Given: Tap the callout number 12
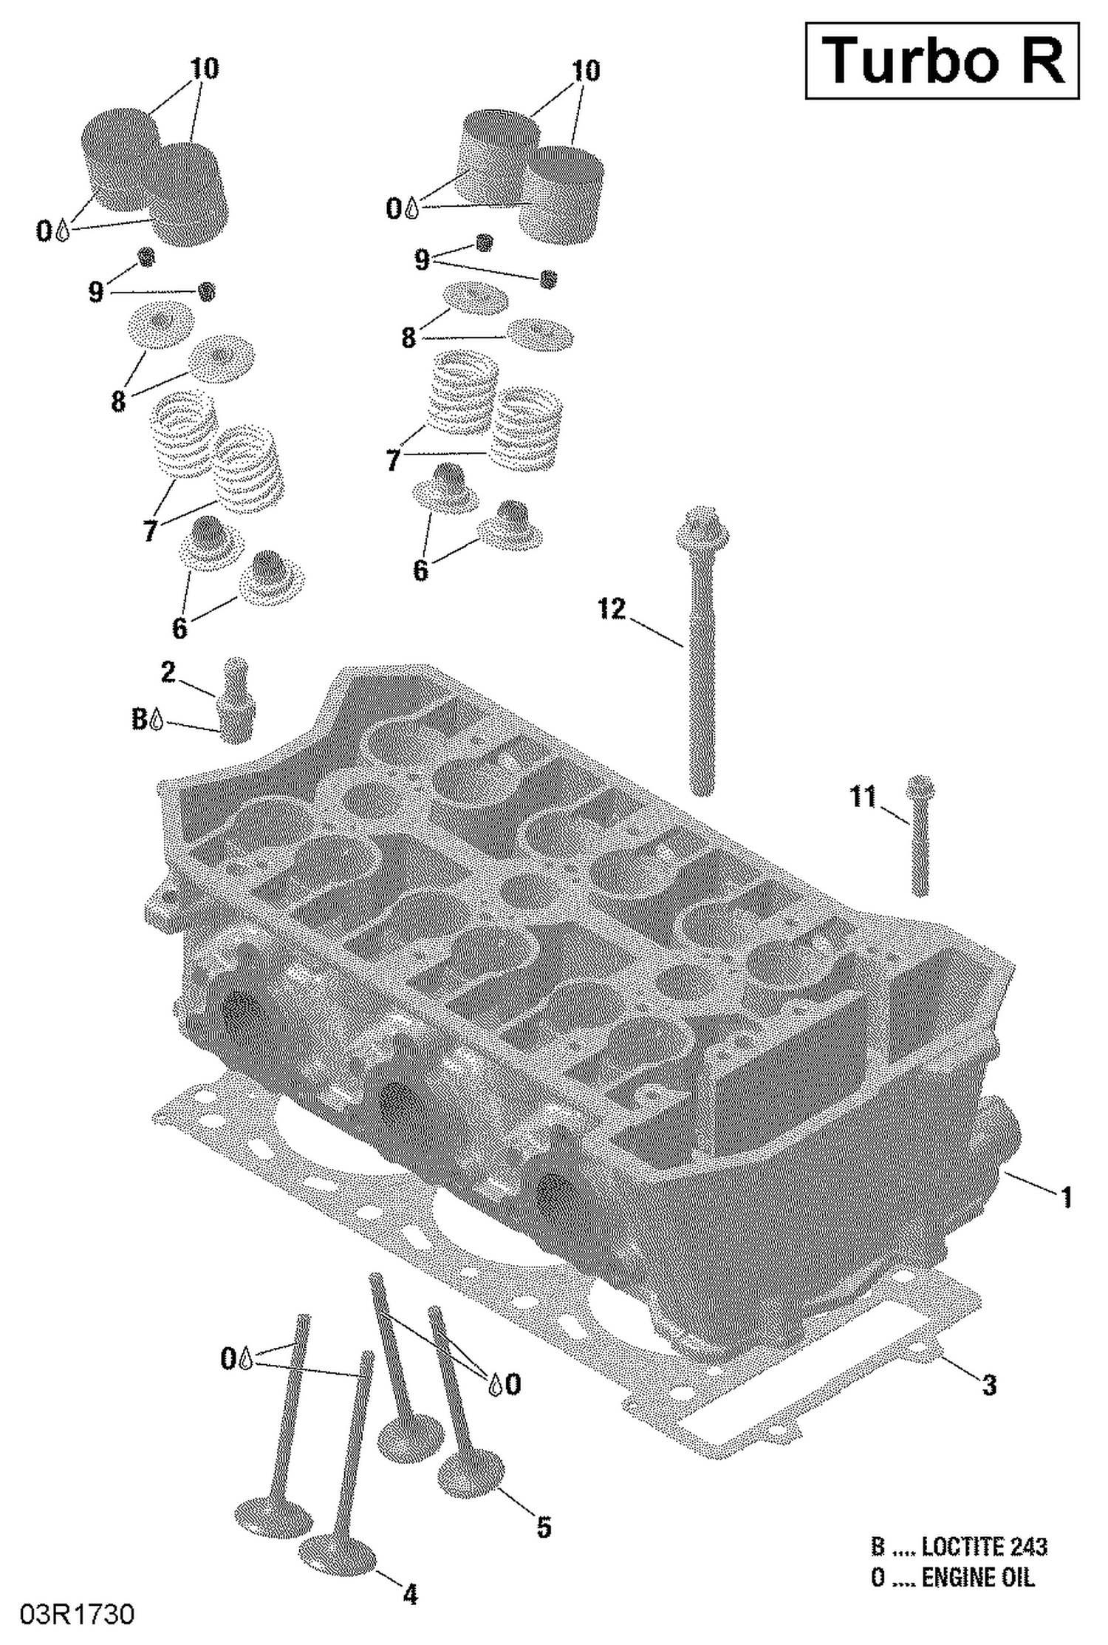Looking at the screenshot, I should (612, 610).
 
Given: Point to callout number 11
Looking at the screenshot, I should (863, 797).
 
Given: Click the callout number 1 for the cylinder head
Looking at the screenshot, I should (1066, 1197).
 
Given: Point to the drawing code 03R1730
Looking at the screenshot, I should (77, 1615).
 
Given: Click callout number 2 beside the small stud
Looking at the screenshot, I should (168, 672).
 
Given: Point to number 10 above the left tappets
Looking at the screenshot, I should (205, 69).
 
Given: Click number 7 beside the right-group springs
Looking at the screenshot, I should (393, 460).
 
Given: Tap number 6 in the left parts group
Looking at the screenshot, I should (179, 628).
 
